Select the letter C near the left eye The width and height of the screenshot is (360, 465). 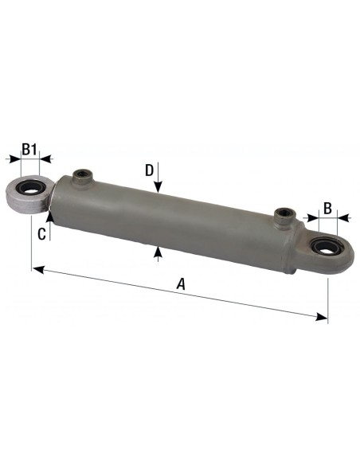pos(41,233)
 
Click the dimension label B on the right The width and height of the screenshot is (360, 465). pos(327,209)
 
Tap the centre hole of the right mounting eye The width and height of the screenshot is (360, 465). pos(323,249)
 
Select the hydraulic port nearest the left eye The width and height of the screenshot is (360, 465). pos(80,174)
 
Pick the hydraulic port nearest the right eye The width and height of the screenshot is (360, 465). pos(284,214)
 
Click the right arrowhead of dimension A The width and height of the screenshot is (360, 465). pos(323,317)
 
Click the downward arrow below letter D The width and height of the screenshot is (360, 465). pos(159,188)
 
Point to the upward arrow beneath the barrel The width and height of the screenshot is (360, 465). pos(159,252)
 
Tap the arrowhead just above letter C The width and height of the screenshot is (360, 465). pos(49,212)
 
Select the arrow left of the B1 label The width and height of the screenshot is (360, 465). pos(14,159)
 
